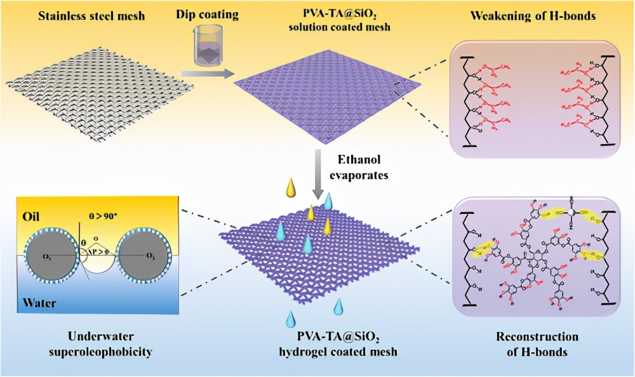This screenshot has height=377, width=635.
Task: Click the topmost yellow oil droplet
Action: (291, 189)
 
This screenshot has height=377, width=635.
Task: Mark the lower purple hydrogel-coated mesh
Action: (317, 254)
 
